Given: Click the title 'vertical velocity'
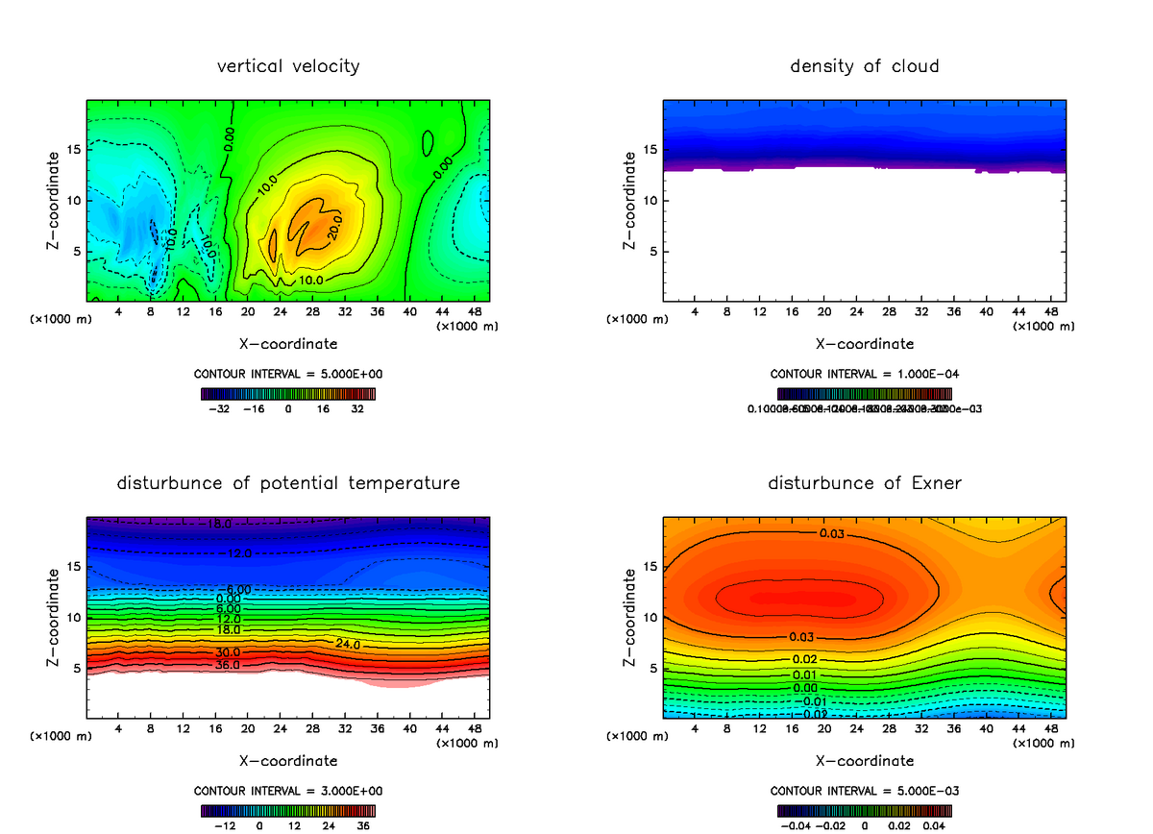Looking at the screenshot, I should click(288, 66).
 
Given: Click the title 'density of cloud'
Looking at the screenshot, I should click(864, 66).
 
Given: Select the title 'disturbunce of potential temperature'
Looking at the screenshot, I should click(288, 483).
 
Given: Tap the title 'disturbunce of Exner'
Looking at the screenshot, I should click(864, 483).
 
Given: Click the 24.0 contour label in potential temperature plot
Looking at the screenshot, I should click(348, 644).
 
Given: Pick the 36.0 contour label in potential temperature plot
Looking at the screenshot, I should click(227, 664).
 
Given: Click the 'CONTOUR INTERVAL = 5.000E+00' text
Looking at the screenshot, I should click(288, 374).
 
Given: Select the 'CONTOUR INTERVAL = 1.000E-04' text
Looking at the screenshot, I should click(864, 374).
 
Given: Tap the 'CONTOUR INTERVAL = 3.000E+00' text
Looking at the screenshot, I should click(288, 791).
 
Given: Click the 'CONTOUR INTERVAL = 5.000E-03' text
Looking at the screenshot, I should click(864, 791).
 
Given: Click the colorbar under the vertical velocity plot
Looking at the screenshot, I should click(288, 393).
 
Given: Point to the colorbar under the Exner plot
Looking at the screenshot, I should click(864, 810).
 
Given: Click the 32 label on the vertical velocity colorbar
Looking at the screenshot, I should click(357, 408).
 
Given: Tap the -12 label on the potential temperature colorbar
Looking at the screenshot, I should click(224, 825).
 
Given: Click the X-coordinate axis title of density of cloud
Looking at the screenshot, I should click(864, 343).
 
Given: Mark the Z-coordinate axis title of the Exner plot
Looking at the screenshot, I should click(630, 617).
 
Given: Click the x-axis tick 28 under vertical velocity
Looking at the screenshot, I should click(313, 312).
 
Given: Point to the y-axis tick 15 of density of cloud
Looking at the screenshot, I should click(651, 150).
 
